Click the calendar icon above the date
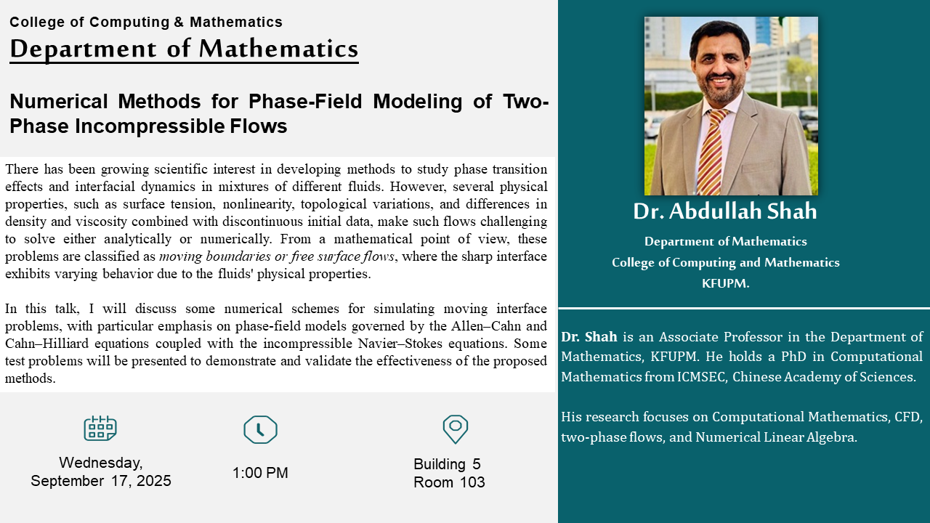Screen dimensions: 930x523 pos(100,428)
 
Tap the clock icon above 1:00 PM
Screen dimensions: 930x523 pos(260,429)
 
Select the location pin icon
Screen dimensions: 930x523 pos(456,429)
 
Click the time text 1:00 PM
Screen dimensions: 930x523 pos(260,473)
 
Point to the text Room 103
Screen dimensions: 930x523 pos(449,482)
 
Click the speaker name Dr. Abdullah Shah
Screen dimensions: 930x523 pos(725,211)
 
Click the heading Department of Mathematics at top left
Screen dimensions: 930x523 pos(184,49)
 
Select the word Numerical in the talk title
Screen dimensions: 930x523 pos(59,101)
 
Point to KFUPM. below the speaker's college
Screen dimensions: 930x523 pos(725,283)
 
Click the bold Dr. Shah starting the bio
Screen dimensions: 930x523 pos(589,336)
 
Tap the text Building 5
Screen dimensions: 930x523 pos(447,464)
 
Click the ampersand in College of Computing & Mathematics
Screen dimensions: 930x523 pos(179,22)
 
